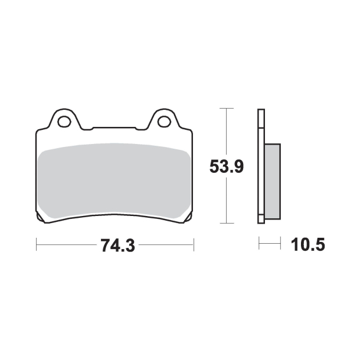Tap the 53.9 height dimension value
(227, 167)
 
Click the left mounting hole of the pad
(65, 122)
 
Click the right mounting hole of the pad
(165, 122)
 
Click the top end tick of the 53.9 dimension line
(227, 109)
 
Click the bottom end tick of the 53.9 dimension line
(227, 223)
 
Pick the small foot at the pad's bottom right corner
(187, 220)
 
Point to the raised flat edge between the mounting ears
(115, 126)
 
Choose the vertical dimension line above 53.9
(227, 133)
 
